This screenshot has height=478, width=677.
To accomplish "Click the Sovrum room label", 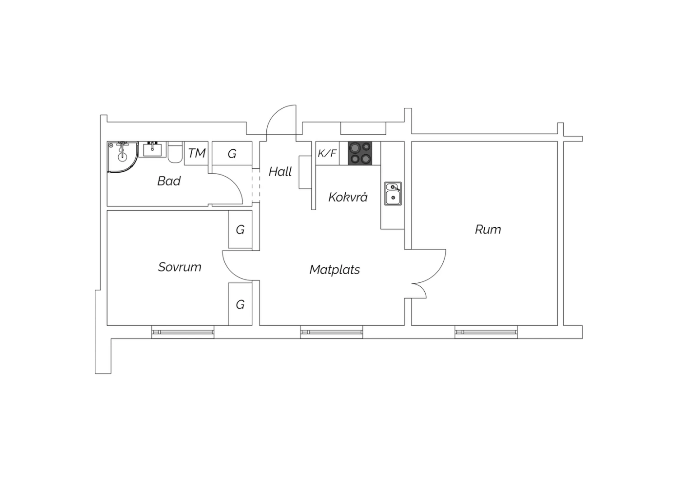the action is point(180,267).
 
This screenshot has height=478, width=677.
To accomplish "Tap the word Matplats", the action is point(334,269).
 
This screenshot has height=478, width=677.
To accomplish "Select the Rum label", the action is point(488,230).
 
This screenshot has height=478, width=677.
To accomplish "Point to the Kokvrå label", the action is point(348,197).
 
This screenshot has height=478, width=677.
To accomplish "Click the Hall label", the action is point(280,171).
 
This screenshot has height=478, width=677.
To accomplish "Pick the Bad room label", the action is point(169,181).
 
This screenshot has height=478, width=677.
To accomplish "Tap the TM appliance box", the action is point(196,153).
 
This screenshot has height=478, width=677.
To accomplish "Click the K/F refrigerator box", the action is point(327,153).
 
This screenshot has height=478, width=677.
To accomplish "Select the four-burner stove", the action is point(360,153).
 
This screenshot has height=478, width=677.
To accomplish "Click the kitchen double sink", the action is point(393,193).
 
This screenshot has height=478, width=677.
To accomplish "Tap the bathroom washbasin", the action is point(153,149).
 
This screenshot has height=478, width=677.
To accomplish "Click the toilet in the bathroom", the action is point(175,152).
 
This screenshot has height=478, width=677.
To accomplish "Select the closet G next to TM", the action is point(232,153).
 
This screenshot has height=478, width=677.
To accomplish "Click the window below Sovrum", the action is point(182,332).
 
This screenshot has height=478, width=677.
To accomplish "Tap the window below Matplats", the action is point(332,332).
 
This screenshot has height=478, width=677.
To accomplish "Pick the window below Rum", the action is point(486,332).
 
